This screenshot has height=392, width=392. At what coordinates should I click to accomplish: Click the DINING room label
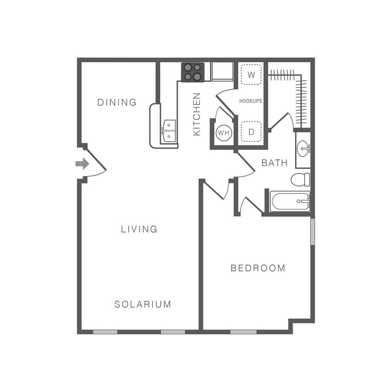click(x=117, y=102)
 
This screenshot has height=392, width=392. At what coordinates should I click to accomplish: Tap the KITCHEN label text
click(x=197, y=114)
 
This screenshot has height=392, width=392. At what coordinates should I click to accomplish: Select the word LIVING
click(x=139, y=229)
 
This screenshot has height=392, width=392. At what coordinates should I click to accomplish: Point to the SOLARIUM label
click(x=143, y=305)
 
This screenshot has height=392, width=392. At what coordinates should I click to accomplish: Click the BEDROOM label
click(x=258, y=268)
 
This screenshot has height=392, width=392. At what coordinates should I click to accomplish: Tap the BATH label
click(x=274, y=163)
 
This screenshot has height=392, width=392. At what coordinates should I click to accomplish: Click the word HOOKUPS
click(x=251, y=101)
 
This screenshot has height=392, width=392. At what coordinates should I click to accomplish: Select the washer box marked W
click(x=251, y=75)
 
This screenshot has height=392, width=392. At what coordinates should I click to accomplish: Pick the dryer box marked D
click(x=251, y=132)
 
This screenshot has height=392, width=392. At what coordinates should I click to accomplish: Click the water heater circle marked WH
click(x=224, y=133)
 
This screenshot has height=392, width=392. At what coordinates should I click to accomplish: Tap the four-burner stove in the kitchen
click(x=192, y=72)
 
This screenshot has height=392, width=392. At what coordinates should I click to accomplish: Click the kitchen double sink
click(x=169, y=131)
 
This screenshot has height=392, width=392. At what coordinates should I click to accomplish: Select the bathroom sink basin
click(x=303, y=149)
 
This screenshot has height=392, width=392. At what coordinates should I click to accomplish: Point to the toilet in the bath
click(x=300, y=179)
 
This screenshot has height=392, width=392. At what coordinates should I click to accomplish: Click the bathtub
click(x=290, y=202)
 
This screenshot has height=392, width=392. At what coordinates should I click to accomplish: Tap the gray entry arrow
click(x=82, y=163)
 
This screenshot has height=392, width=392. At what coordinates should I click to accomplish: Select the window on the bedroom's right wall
click(x=313, y=231)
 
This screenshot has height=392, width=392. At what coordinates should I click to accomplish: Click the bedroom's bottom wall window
click(x=243, y=332)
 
